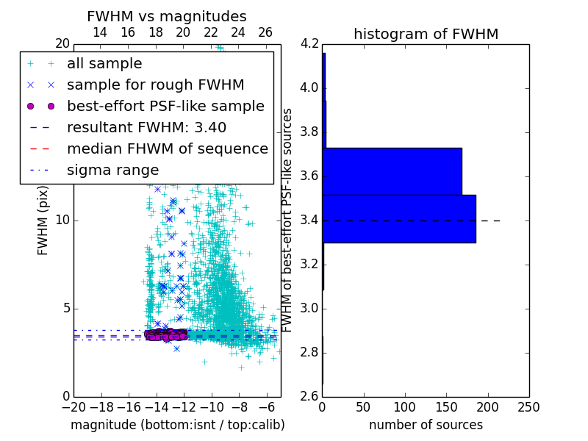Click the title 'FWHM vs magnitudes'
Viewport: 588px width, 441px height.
pyautogui.click(x=166, y=17)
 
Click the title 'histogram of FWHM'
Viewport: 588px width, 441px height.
pyautogui.click(x=426, y=34)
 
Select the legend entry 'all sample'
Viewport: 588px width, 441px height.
pyautogui.click(x=104, y=63)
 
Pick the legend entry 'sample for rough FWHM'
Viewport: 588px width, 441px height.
pyautogui.click(x=155, y=85)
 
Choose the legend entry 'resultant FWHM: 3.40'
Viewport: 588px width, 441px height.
pyautogui.click(x=146, y=127)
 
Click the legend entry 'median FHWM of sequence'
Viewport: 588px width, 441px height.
pyautogui.click(x=167, y=148)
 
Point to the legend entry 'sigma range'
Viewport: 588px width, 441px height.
pyautogui.click(x=112, y=170)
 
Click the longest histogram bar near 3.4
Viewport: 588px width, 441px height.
pyautogui.click(x=399, y=218)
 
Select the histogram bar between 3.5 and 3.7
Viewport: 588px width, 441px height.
pyautogui.click(x=392, y=171)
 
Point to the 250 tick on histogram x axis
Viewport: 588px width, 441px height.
pyautogui.click(x=528, y=407)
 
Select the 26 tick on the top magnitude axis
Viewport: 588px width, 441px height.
pyautogui.click(x=265, y=32)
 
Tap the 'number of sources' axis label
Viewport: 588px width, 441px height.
pyautogui.click(x=426, y=425)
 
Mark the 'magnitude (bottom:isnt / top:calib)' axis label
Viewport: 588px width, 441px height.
pyautogui.click(x=177, y=425)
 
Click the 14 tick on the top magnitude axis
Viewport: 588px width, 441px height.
pyautogui.click(x=100, y=32)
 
